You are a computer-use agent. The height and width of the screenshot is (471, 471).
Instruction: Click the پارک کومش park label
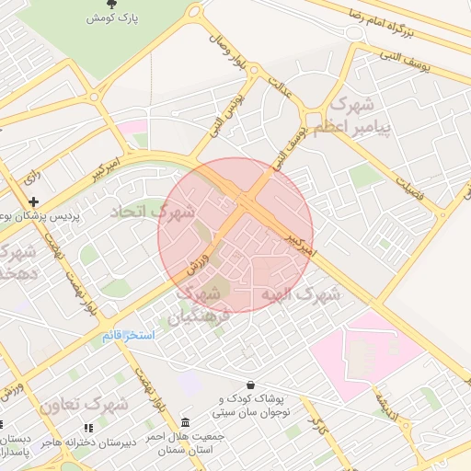coord(114,18)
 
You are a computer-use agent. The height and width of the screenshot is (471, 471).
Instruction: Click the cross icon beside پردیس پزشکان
coord(34,201)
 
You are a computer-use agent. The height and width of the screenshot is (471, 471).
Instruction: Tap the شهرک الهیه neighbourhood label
coord(300,295)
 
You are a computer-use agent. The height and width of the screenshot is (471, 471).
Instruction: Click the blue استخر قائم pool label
coord(128,337)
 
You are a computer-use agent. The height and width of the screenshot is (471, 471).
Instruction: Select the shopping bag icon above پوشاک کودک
coord(250,385)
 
